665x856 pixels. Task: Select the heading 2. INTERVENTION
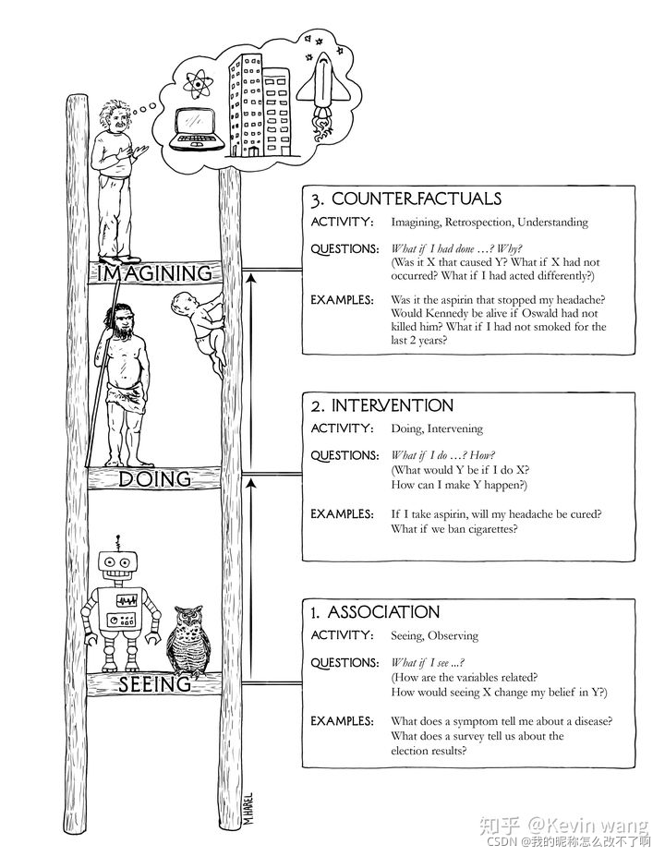tap(381, 406)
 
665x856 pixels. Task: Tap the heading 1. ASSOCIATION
tap(374, 612)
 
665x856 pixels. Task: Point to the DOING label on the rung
tap(155, 478)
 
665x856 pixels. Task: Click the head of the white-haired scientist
tap(115, 117)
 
